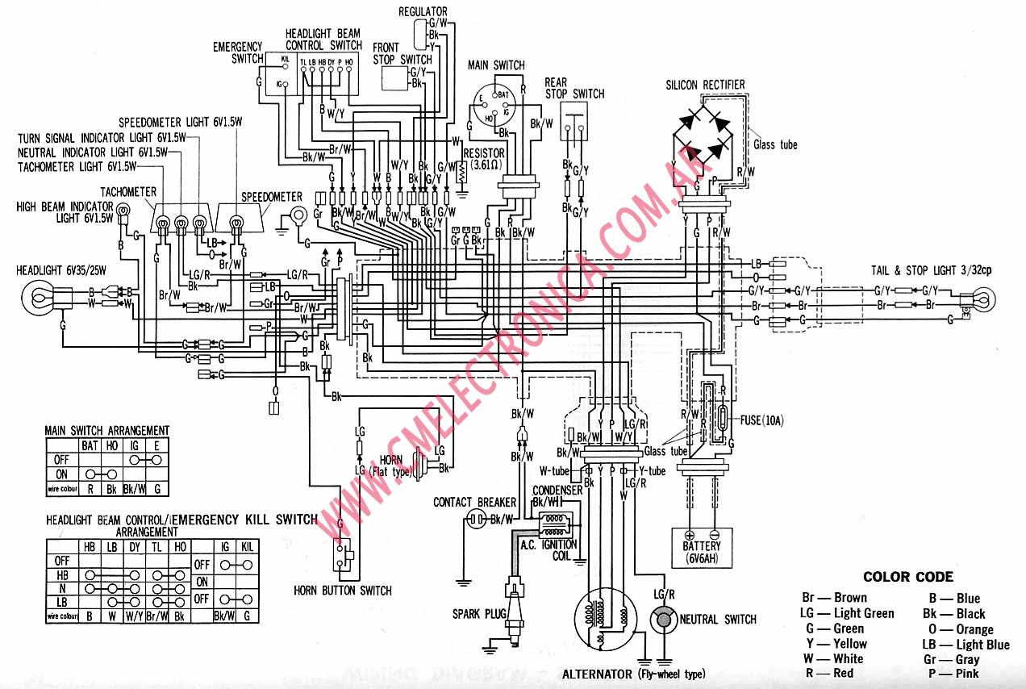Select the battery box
(700, 546)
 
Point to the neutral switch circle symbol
(663, 620)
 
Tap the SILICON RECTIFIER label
(705, 85)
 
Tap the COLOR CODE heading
(907, 577)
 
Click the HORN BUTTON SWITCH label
(343, 590)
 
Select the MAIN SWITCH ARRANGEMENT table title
(106, 431)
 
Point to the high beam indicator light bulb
(124, 215)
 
